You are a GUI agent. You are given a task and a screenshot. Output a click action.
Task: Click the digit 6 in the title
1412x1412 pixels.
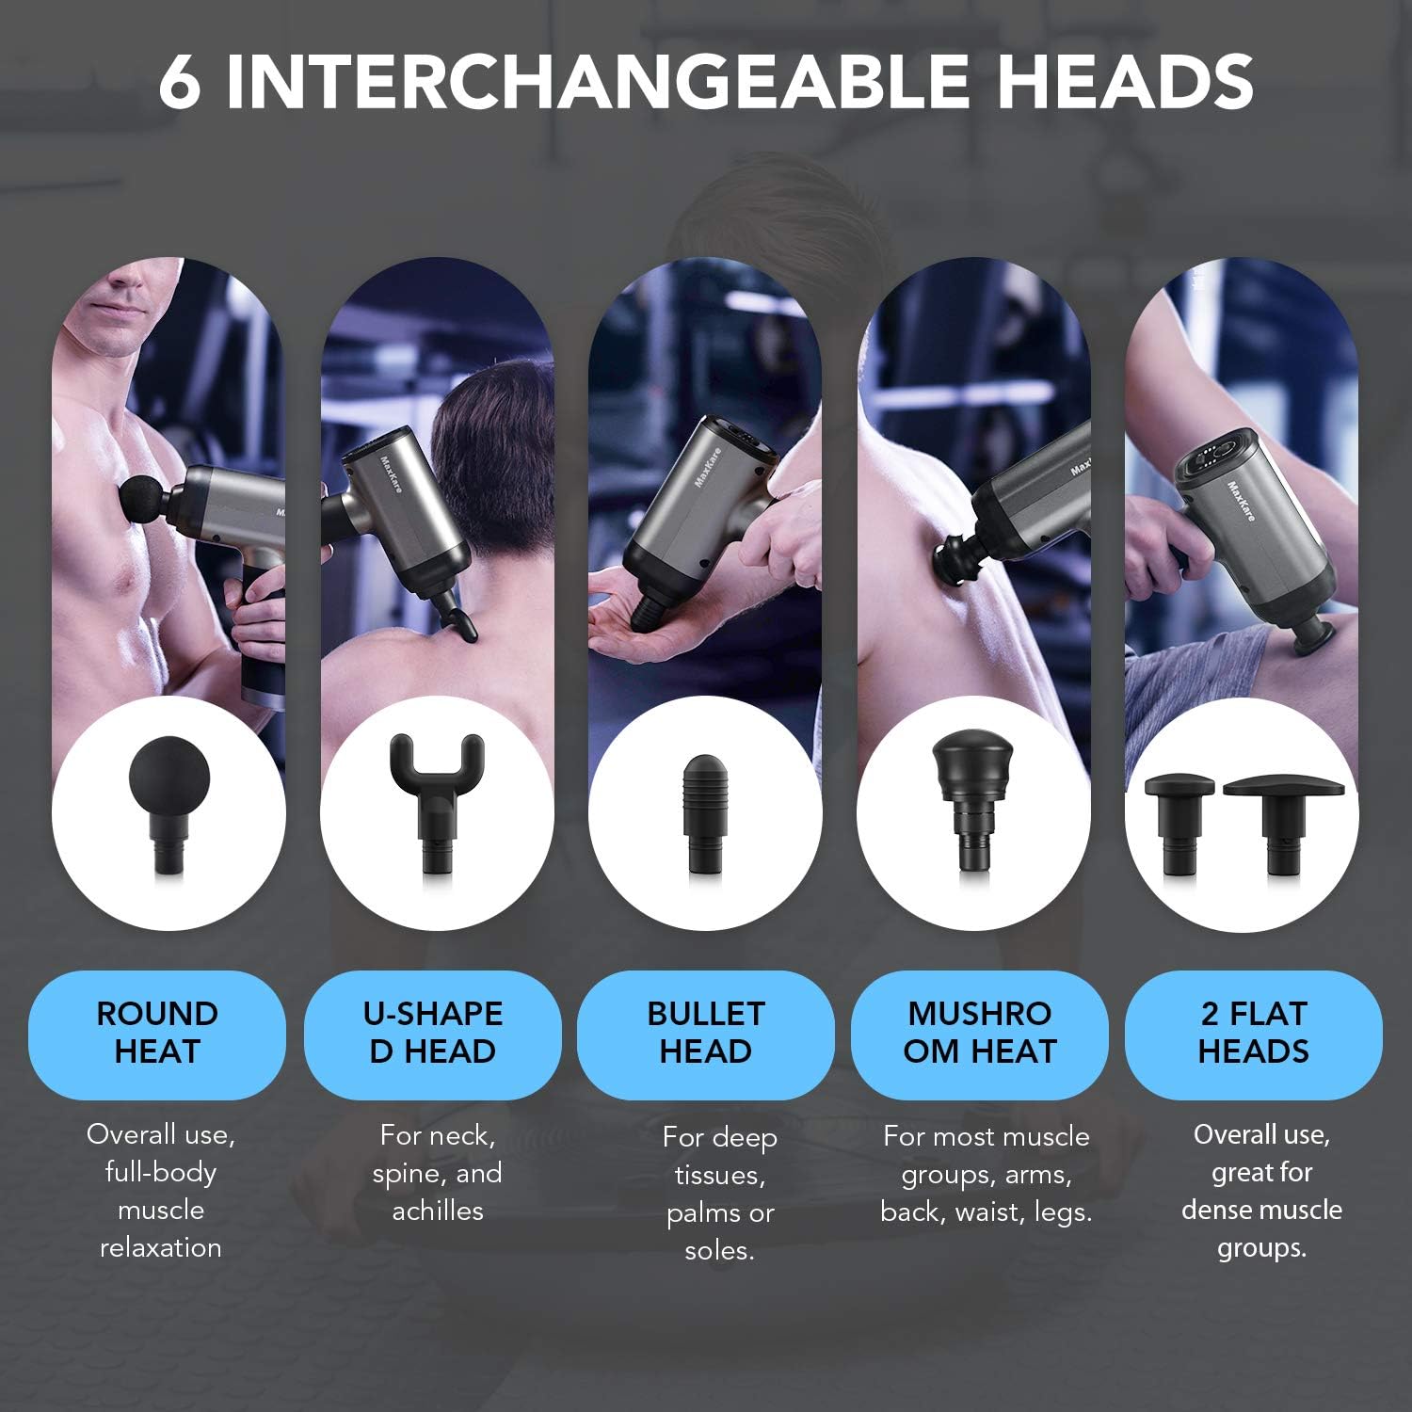pyautogui.click(x=180, y=82)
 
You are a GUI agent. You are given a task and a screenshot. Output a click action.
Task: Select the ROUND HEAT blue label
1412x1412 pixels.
pyautogui.click(x=157, y=1033)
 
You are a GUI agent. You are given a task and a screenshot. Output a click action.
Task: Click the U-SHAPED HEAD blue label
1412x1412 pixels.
pyautogui.click(x=433, y=1033)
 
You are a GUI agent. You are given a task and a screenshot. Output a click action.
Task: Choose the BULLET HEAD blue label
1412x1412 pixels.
pyautogui.click(x=706, y=1033)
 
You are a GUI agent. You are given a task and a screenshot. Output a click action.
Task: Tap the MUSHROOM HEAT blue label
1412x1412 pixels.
pyautogui.click(x=980, y=1033)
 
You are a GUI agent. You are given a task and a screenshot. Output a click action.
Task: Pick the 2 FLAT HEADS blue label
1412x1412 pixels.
pyautogui.click(x=1254, y=1033)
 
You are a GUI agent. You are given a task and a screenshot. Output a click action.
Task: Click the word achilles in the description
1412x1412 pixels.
pyautogui.click(x=438, y=1211)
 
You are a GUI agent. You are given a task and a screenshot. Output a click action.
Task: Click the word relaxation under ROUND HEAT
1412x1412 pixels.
pyautogui.click(x=161, y=1248)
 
